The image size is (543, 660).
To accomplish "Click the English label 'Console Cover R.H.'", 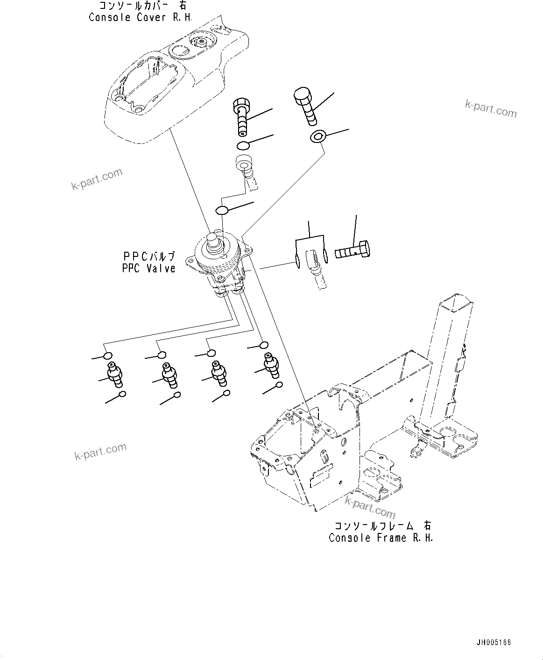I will (140, 17).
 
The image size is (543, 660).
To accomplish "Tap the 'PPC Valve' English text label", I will (148, 268).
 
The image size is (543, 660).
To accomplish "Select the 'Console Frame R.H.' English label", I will (381, 538).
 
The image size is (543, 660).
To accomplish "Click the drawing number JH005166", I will (494, 642).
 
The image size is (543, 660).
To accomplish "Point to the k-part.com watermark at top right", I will (491, 109).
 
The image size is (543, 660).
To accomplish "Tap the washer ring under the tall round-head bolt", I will (317, 136).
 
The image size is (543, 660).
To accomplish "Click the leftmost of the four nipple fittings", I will (114, 374).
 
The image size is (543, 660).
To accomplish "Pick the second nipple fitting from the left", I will (169, 374).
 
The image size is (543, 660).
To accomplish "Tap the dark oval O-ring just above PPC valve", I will (222, 210).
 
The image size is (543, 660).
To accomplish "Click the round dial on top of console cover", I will (202, 43).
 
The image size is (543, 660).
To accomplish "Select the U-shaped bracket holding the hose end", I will (308, 255).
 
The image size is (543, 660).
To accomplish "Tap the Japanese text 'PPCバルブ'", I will (148, 256).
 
